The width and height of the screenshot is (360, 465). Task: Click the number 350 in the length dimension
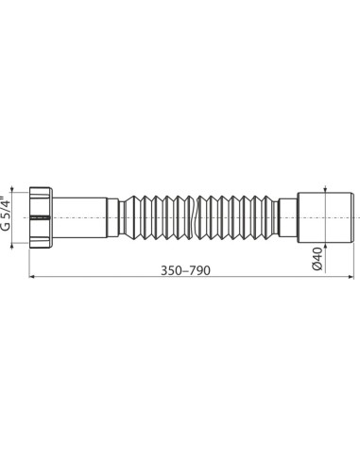tap(173, 270)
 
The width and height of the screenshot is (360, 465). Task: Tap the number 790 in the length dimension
tap(198, 270)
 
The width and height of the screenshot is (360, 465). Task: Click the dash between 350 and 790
tap(186, 270)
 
